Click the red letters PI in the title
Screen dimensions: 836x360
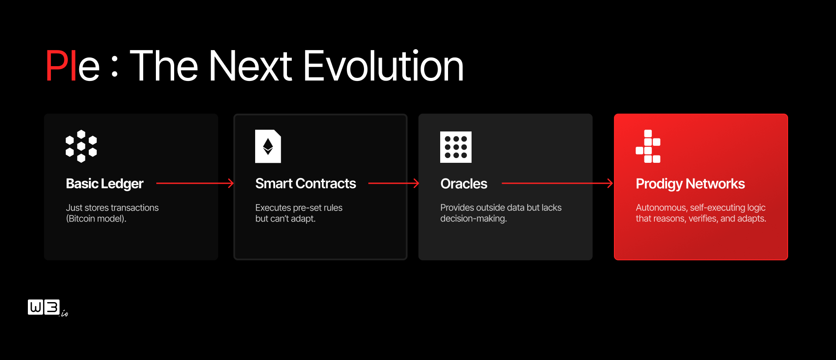(61, 66)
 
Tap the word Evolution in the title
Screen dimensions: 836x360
(383, 66)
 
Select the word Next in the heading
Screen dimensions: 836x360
(250, 66)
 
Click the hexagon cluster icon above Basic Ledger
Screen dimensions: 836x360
(81, 146)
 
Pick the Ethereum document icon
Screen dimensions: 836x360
(268, 146)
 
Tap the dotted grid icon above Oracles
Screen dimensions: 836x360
(456, 147)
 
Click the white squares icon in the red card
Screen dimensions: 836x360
(648, 146)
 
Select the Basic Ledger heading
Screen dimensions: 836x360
(104, 184)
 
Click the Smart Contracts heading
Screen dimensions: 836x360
(306, 183)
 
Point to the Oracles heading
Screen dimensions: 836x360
(464, 184)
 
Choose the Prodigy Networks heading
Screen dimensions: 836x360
(690, 184)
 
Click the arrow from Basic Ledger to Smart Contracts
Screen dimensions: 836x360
(195, 183)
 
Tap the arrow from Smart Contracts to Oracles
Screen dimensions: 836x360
(394, 183)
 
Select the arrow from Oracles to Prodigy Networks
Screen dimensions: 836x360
(557, 183)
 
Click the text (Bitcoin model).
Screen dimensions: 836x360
(96, 219)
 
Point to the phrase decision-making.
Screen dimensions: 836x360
(473, 219)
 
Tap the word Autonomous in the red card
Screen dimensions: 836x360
(661, 208)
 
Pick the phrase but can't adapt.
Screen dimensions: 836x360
(285, 219)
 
